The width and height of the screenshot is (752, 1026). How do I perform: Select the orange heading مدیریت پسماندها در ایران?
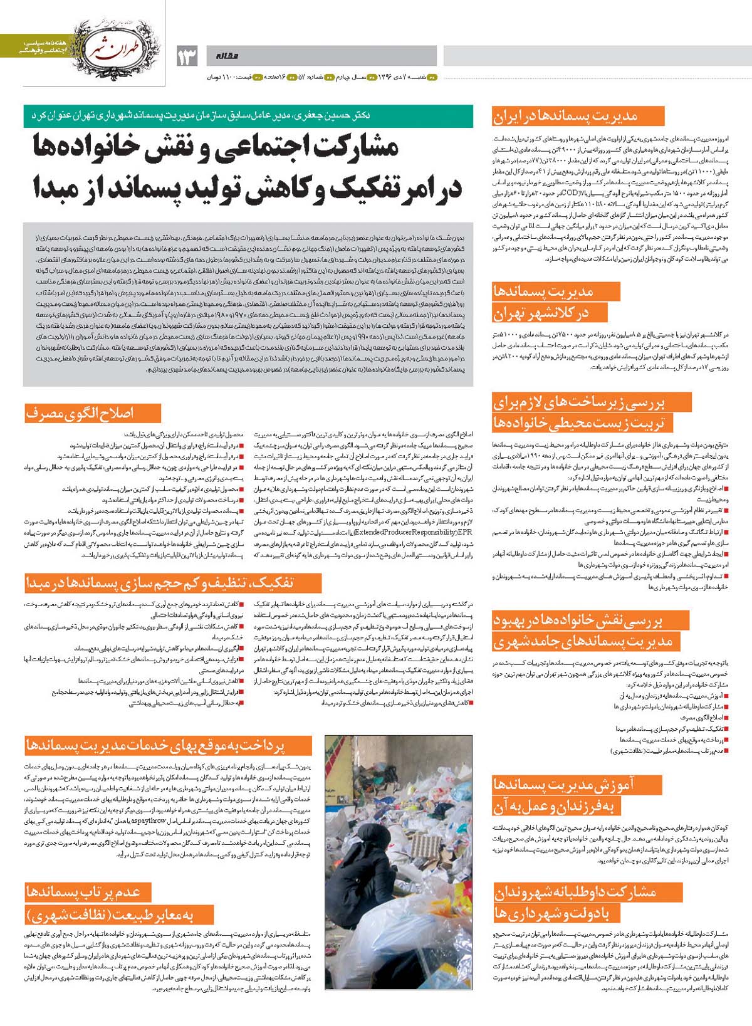[x=577, y=116]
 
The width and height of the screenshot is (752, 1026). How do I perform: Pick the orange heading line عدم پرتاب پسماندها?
[x=83, y=891]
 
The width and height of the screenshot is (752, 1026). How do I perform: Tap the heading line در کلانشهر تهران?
[x=541, y=313]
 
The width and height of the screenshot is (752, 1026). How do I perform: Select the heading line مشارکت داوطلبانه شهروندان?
[x=575, y=892]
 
